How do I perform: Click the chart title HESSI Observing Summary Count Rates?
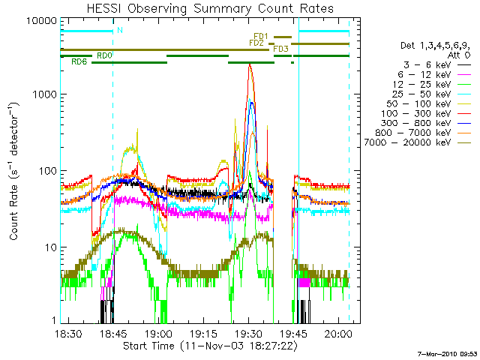click(x=210, y=8)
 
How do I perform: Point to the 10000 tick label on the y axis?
click(x=42, y=21)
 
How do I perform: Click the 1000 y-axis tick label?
click(x=45, y=94)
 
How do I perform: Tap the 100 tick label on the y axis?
click(x=48, y=171)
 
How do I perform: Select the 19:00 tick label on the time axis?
click(x=158, y=334)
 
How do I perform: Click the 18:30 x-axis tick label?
click(x=68, y=334)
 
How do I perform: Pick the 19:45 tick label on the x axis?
click(x=293, y=334)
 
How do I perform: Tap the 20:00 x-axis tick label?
click(x=338, y=334)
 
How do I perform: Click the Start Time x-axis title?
click(x=210, y=346)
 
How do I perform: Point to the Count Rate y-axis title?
click(x=13, y=171)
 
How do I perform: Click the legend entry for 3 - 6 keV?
click(x=427, y=65)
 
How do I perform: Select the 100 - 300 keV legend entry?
click(x=415, y=114)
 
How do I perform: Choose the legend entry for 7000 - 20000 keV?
click(x=407, y=142)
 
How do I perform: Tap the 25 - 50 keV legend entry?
click(x=421, y=94)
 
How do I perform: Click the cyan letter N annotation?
click(x=120, y=30)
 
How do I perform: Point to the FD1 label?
click(x=261, y=37)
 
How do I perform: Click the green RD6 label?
click(x=79, y=61)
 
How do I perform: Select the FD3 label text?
click(x=280, y=49)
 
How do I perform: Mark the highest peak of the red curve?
click(x=250, y=64)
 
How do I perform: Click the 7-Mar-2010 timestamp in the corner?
click(x=448, y=354)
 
